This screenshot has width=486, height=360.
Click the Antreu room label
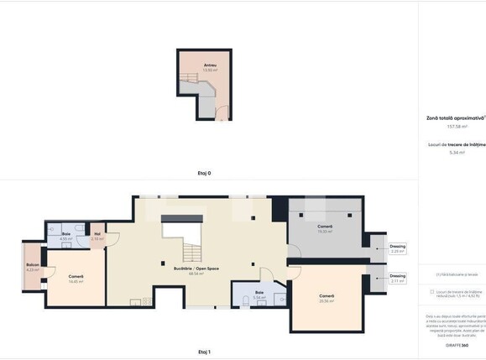(209, 65)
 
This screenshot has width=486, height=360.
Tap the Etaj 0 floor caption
(203, 173)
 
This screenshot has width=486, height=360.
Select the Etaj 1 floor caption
(203, 352)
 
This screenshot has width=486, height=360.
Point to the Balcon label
(33, 265)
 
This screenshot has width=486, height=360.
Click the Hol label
(97, 234)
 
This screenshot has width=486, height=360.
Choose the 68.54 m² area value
(197, 274)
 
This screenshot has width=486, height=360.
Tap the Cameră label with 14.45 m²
(76, 277)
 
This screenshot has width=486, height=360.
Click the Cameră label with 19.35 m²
(325, 227)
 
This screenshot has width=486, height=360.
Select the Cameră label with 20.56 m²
(327, 295)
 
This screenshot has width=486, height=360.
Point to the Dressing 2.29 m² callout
(397, 248)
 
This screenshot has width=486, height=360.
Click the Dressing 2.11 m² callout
(397, 278)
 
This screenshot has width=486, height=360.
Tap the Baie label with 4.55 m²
(66, 234)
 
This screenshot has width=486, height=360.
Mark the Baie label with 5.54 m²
(259, 293)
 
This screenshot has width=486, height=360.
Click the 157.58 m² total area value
(456, 127)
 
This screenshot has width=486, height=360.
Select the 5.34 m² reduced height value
(456, 152)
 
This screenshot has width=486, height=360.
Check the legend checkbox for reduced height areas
(431, 292)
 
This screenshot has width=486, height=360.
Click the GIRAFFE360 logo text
(456, 345)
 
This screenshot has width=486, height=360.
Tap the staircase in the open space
(191, 249)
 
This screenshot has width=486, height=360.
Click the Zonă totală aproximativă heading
(455, 119)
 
